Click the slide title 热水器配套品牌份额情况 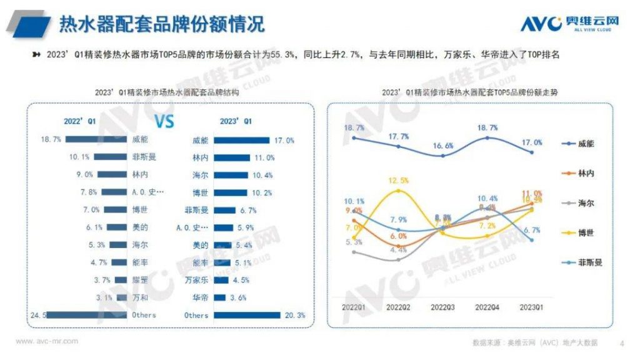click(161, 24)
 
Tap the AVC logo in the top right click(569, 23)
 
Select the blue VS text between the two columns click(164, 121)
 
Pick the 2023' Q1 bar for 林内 click(231, 158)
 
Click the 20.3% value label click(294, 316)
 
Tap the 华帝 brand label click(201, 298)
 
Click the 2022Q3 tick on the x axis click(443, 307)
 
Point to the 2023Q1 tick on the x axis click(532, 307)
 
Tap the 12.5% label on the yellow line click(398, 181)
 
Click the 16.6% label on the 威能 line click(442, 145)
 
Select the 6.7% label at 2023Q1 click(532, 230)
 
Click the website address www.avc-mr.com click(47, 341)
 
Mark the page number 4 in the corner click(621, 342)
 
